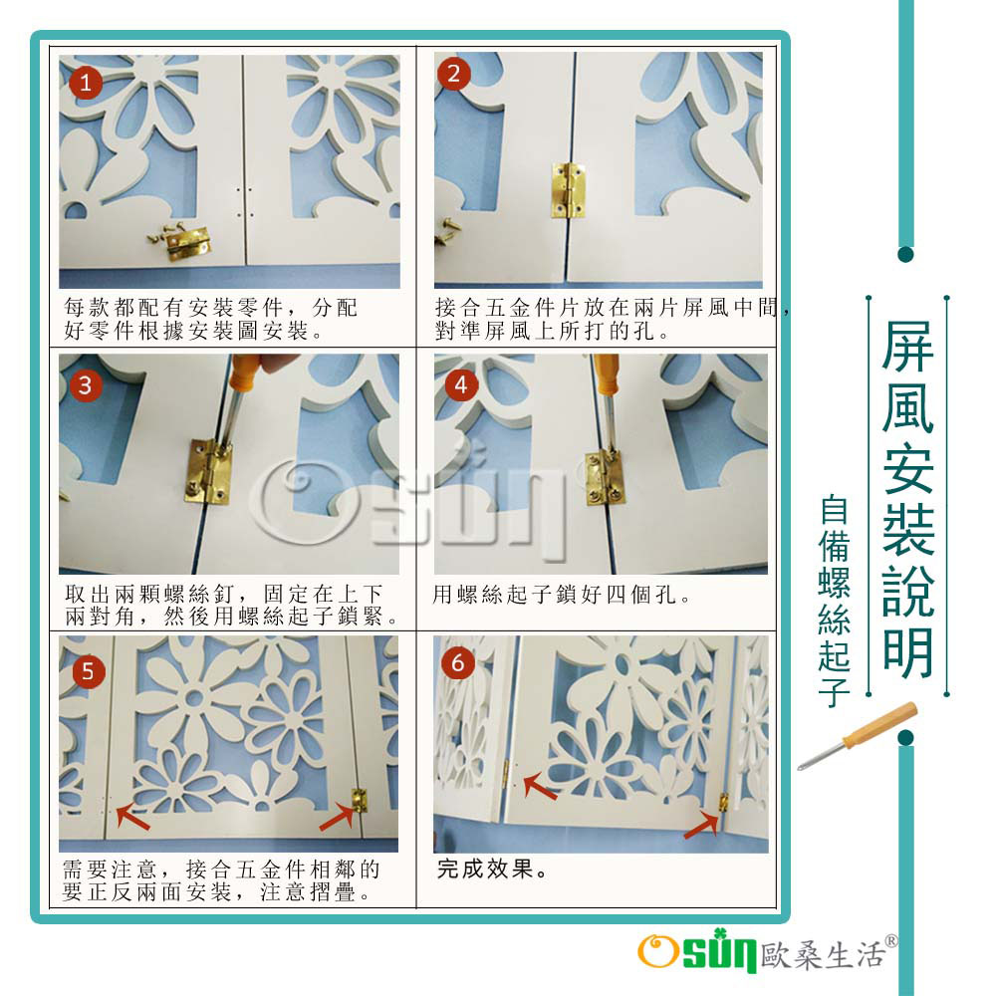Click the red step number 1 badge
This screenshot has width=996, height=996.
pyautogui.click(x=86, y=84)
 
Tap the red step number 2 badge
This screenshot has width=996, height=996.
pyautogui.click(x=453, y=74)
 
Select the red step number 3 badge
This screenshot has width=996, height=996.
pyautogui.click(x=86, y=385)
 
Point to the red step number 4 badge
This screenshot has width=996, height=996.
pyautogui.click(x=461, y=384)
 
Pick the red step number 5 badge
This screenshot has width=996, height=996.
pyautogui.click(x=89, y=671)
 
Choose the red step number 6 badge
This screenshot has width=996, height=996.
pyautogui.click(x=458, y=663)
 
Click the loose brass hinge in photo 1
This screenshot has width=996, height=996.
pyautogui.click(x=186, y=243)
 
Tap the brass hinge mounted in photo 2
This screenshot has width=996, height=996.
pyautogui.click(x=568, y=190)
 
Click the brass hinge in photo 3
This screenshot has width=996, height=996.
pyautogui.click(x=209, y=471)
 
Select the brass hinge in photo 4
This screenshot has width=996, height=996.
pyautogui.click(x=604, y=478)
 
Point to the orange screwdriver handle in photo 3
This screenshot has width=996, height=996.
pyautogui.click(x=245, y=373)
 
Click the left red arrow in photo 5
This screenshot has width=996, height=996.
pyautogui.click(x=132, y=816)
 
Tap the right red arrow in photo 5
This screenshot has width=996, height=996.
pyautogui.click(x=337, y=817)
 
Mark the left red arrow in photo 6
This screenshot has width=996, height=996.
pyautogui.click(x=540, y=786)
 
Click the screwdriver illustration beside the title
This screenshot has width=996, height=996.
pyautogui.click(x=858, y=736)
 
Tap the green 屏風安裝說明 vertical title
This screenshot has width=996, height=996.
pyautogui.click(x=907, y=499)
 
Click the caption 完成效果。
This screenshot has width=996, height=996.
pyautogui.click(x=492, y=869)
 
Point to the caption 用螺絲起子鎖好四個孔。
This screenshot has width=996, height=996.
pyautogui.click(x=562, y=595)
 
